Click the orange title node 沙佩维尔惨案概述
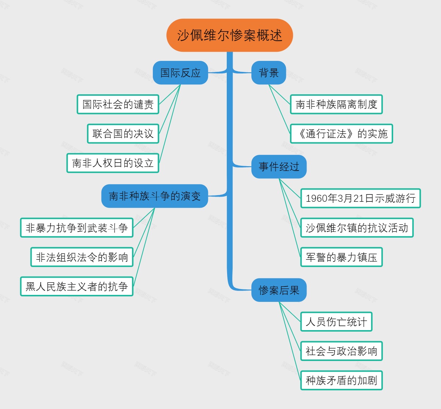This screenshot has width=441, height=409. [230, 35]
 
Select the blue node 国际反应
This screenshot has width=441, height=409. [180, 73]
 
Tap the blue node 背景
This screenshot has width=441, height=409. [269, 73]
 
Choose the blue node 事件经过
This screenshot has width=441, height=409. [279, 167]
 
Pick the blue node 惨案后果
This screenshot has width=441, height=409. [279, 290]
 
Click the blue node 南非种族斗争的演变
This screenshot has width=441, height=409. [155, 196]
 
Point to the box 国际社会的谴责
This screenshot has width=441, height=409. [118, 104]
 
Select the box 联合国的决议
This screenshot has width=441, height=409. [123, 134]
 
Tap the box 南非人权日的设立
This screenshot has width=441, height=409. [113, 163]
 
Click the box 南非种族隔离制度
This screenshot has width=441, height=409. [336, 104]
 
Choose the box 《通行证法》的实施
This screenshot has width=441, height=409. [341, 134]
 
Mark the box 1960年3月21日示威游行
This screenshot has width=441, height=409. [361, 198]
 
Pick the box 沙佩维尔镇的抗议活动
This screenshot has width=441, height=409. [357, 227]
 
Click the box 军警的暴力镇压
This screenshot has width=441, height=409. [341, 257]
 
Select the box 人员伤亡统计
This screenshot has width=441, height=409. [336, 322]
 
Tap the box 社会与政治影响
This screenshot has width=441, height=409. [341, 351]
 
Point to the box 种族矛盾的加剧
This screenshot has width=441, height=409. [341, 380]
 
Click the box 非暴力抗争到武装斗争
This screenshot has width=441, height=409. [77, 227]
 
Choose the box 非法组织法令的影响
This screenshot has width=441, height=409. [82, 257]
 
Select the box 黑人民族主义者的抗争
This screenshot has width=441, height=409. [77, 286]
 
